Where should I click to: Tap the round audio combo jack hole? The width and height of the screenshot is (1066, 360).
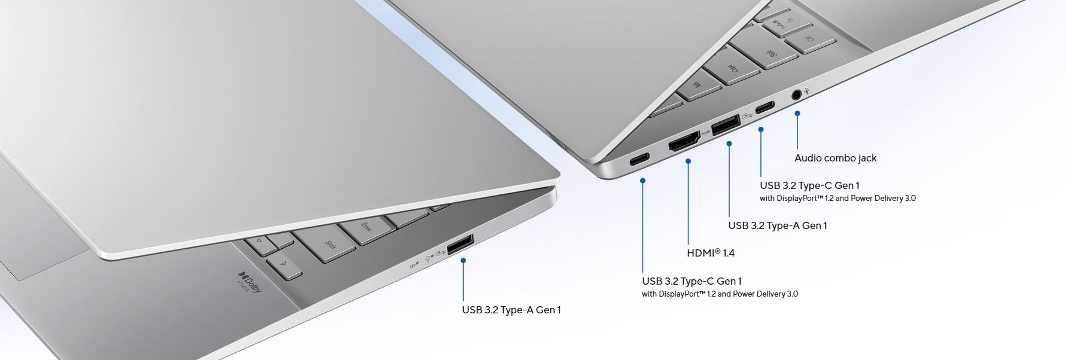click(x=797, y=94)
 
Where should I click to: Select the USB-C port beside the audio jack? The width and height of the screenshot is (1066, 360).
click(x=765, y=108)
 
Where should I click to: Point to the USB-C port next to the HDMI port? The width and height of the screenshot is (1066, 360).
click(x=639, y=160)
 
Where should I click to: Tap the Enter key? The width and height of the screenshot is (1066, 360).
click(x=366, y=229)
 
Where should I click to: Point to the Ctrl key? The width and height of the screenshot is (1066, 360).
click(x=810, y=38)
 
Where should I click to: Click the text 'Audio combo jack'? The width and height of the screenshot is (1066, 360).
click(x=835, y=158)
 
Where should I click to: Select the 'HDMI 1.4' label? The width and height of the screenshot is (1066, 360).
click(x=711, y=253)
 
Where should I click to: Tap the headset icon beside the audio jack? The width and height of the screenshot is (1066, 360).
click(x=808, y=90)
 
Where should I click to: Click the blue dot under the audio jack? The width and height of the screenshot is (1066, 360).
click(x=797, y=113)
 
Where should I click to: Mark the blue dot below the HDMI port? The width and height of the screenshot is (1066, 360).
click(x=689, y=161)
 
